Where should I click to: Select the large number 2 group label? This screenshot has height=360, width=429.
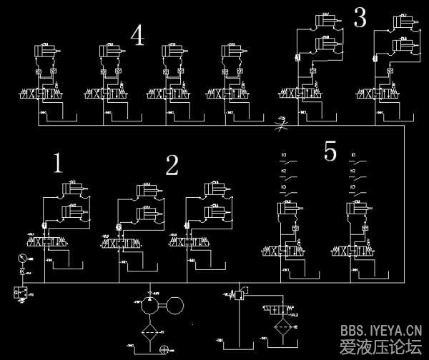(x=172, y=166)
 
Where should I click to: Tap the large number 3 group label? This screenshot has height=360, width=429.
(x=360, y=19)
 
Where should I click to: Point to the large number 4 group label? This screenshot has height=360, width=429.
(x=137, y=35)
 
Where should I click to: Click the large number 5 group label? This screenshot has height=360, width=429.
(x=330, y=151)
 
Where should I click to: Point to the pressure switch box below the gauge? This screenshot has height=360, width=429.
(x=19, y=292)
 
